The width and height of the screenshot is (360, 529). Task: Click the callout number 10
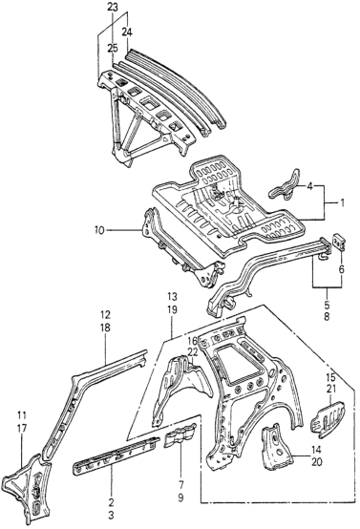99,230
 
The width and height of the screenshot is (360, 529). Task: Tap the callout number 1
342,203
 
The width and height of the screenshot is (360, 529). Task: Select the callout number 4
309,186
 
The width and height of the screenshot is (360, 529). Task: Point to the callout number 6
342,269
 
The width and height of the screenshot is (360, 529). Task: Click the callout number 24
127,32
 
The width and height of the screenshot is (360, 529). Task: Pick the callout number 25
113,49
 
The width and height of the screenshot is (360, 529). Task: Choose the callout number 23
113,7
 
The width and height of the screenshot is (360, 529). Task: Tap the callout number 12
105,315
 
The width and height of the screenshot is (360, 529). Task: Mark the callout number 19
172,309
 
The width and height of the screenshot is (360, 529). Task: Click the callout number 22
193,352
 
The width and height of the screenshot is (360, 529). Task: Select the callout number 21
330,389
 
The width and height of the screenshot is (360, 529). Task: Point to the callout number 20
317,462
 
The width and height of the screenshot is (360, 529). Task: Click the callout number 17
22,428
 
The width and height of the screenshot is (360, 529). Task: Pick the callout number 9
180,497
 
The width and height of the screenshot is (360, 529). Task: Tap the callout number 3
112,516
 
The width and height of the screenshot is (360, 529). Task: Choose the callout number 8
327,317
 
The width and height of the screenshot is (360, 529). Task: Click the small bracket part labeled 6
338,242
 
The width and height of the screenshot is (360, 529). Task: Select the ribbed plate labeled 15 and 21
328,418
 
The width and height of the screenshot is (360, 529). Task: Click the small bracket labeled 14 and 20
277,447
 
